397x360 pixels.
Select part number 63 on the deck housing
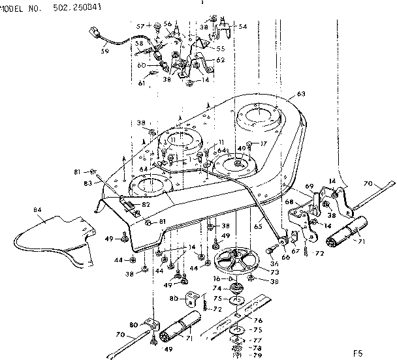(x=300, y=94)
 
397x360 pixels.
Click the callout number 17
(x=264, y=143)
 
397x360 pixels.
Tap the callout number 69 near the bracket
(x=310, y=187)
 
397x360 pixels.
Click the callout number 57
(x=140, y=25)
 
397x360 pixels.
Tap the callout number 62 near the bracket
(x=220, y=60)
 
